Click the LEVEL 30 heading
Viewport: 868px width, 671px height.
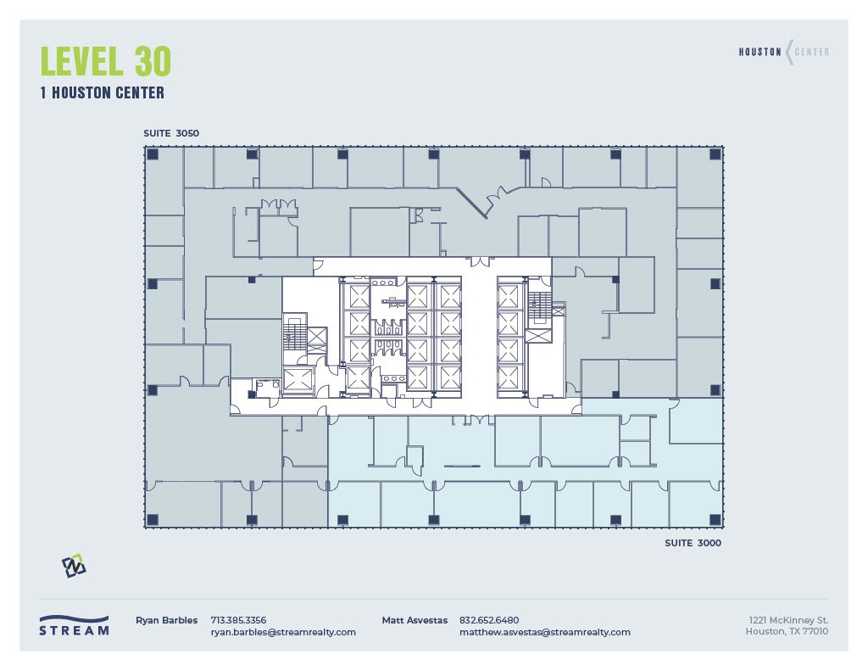click(106, 61)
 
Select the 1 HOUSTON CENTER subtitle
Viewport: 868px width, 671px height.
click(102, 93)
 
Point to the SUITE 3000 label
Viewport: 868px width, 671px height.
click(693, 543)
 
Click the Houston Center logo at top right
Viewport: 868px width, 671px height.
click(784, 53)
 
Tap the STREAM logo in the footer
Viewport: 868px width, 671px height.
click(74, 625)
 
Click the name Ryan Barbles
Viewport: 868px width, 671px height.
click(166, 620)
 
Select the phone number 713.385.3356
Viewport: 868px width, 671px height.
click(238, 620)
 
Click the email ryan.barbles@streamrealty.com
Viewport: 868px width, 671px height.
click(283, 632)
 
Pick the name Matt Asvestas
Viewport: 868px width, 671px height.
click(415, 620)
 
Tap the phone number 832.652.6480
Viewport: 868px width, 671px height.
click(489, 620)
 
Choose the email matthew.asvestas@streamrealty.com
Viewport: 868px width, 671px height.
click(544, 632)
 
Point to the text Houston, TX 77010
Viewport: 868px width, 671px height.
click(787, 632)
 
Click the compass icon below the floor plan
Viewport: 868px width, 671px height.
click(74, 566)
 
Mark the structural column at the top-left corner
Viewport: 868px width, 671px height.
click(153, 154)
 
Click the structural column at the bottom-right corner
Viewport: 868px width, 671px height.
click(715, 519)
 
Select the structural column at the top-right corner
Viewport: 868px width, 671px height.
click(715, 154)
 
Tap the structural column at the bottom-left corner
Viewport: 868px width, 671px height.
click(153, 519)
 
